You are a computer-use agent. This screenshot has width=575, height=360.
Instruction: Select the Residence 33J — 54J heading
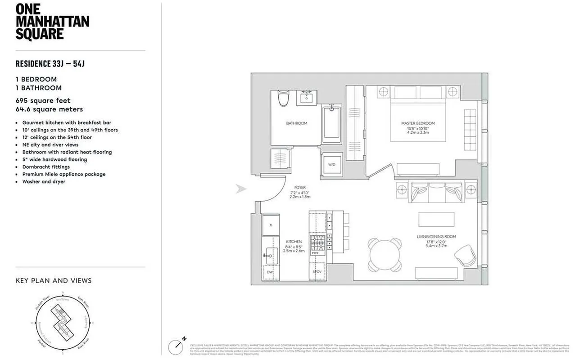coord(50,64)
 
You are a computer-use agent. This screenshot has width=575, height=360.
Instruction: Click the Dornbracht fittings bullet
coord(46,167)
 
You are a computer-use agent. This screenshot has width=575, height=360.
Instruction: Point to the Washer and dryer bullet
coord(44,182)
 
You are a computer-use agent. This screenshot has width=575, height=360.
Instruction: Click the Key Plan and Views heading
coord(54,281)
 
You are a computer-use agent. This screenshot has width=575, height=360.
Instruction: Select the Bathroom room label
coord(296,123)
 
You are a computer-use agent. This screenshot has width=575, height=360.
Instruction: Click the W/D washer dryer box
coord(331,164)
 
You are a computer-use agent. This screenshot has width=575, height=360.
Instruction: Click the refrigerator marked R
coord(271,225)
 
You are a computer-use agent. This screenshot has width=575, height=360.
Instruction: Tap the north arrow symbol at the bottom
coord(176,346)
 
